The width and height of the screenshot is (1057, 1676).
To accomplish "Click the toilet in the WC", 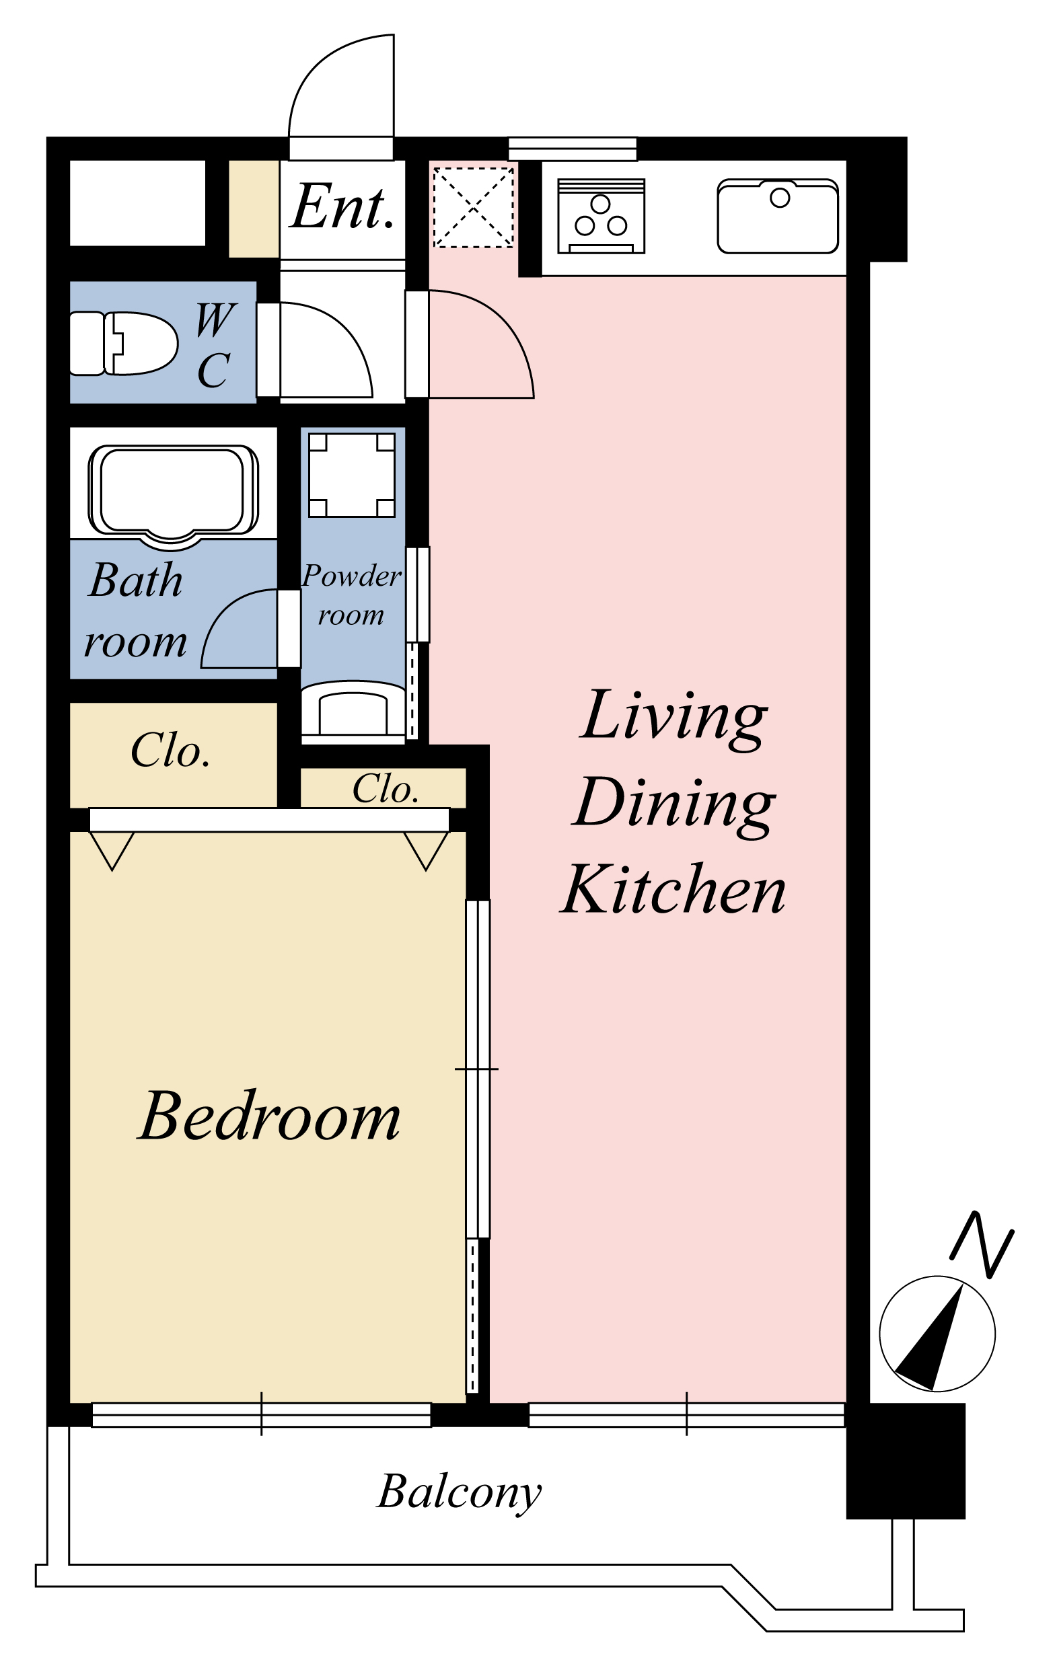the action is click(x=123, y=343).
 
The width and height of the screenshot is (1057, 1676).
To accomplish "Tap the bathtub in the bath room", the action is click(x=173, y=493).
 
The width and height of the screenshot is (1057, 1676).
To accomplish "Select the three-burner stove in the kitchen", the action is click(x=601, y=216).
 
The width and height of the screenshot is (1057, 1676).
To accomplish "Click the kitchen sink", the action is click(x=778, y=216).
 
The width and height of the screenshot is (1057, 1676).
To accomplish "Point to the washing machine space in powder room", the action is click(x=352, y=475).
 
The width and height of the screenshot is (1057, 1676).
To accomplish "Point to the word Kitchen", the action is click(x=673, y=889).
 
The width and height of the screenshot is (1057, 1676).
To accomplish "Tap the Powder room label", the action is click(x=351, y=595).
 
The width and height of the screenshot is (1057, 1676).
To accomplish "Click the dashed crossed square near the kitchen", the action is click(x=474, y=206).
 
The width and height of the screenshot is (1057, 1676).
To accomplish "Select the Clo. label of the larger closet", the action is click(x=171, y=751).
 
